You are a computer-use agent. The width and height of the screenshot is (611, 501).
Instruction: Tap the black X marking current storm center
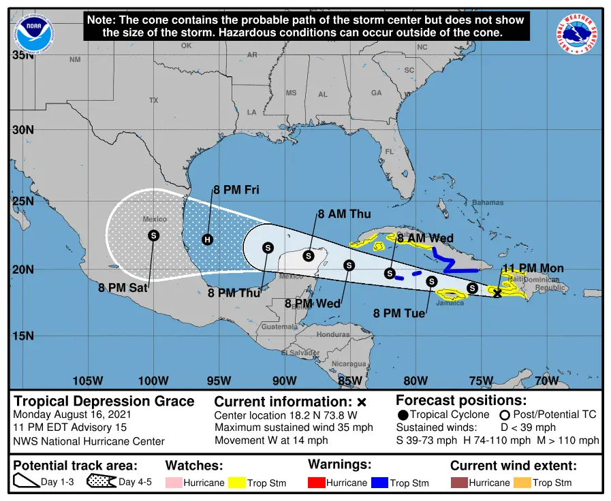[x=497, y=293]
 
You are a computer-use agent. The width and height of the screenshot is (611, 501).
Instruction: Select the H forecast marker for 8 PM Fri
[x=208, y=239]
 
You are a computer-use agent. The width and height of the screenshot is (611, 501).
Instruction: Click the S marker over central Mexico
[x=154, y=236]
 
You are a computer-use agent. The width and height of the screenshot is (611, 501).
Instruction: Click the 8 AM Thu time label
[x=344, y=214]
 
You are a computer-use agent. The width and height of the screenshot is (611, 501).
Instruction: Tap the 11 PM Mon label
[x=533, y=268]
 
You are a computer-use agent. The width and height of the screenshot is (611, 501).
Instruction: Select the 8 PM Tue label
[x=400, y=313]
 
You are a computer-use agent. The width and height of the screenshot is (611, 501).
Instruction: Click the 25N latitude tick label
[x=22, y=201]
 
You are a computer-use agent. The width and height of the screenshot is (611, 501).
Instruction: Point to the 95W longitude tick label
[x=219, y=381]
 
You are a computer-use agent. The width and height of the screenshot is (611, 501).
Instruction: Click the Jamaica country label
[x=450, y=304]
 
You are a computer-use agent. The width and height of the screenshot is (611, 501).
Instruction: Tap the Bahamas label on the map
[x=488, y=202]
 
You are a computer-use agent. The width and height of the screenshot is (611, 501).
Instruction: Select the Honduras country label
[x=333, y=335]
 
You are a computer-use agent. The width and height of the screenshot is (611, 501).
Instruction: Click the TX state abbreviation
[x=153, y=100]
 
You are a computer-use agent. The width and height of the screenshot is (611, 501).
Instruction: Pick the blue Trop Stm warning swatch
[x=379, y=483]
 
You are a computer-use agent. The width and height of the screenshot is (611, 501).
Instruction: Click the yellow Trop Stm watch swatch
[x=236, y=483]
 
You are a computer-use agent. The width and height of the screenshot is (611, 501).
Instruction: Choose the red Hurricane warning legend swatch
[x=317, y=483]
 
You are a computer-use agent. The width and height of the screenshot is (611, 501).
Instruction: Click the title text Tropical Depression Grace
[x=104, y=401]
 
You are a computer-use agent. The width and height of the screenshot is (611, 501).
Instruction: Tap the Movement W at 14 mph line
[x=271, y=440]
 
